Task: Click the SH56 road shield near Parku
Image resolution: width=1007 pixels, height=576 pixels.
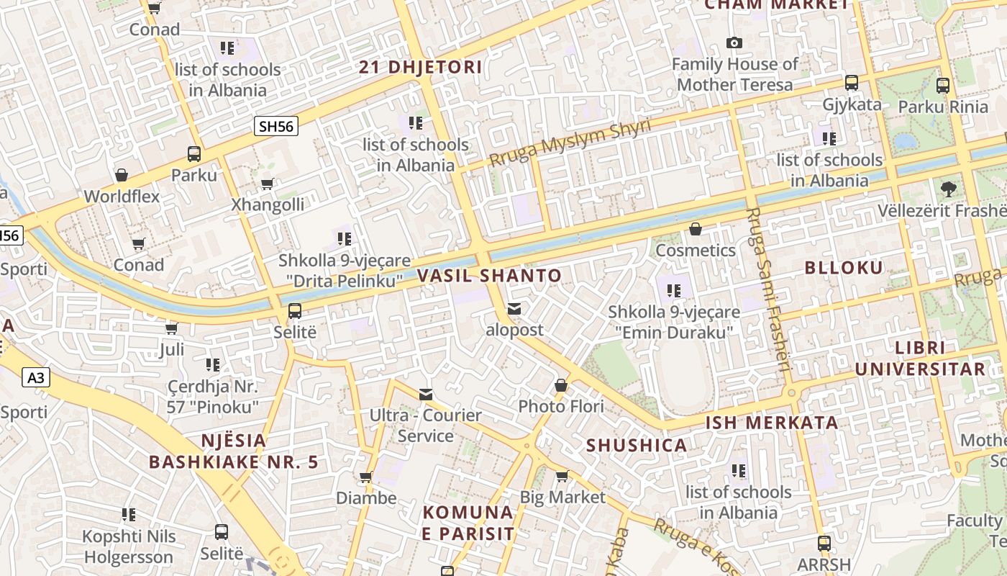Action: click(276, 127)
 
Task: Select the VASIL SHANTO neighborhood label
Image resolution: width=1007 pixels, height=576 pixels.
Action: click(489, 276)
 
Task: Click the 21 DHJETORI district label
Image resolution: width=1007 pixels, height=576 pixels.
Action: click(420, 68)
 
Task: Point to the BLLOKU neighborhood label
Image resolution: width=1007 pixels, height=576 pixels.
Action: click(843, 268)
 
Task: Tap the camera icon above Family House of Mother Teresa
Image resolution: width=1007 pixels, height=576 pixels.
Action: click(734, 43)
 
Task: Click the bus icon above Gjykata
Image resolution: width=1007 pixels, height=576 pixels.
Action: click(852, 83)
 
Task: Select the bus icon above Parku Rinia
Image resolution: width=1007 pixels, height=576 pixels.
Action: click(943, 86)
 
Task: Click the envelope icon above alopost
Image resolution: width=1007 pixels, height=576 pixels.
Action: click(514, 309)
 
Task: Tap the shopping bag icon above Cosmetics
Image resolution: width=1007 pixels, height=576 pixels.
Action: click(696, 229)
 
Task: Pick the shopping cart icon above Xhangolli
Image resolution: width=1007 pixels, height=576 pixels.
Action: click(267, 184)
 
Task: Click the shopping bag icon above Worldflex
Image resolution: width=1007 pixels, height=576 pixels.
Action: click(122, 176)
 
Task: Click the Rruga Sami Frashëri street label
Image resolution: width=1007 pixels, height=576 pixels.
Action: click(770, 288)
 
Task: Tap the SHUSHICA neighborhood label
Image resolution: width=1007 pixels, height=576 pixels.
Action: click(636, 445)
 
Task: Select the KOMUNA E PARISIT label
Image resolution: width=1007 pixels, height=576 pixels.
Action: click(468, 523)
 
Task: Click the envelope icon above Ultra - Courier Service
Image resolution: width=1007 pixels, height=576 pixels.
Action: click(426, 394)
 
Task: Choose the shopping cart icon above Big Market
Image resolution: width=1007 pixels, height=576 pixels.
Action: click(562, 476)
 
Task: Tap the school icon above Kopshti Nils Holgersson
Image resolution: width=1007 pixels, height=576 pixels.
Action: click(129, 515)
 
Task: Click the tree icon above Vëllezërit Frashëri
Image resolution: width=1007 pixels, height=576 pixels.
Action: click(949, 189)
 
